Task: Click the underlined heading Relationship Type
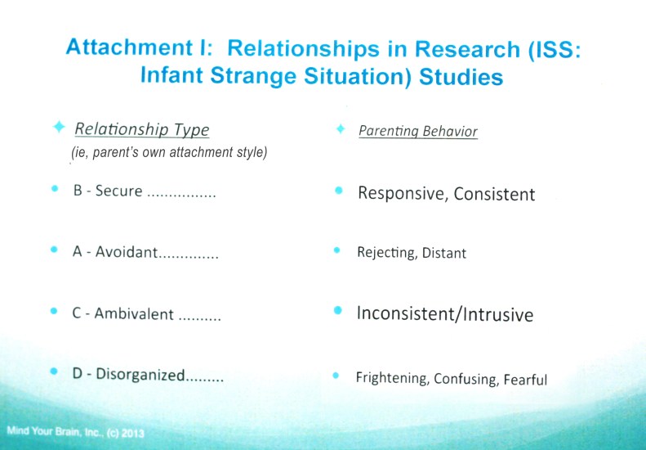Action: tap(142, 129)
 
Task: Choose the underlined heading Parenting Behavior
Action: tap(418, 131)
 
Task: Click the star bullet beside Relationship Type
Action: tap(58, 128)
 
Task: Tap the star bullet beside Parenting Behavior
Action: tap(341, 129)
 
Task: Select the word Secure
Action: tap(119, 191)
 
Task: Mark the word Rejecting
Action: tap(385, 253)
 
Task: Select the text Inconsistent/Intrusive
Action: tap(445, 313)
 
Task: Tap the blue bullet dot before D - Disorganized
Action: tap(55, 371)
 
